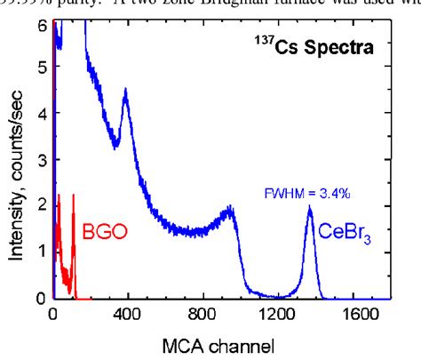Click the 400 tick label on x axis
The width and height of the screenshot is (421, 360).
127,314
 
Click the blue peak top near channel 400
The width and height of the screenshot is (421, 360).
126,91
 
